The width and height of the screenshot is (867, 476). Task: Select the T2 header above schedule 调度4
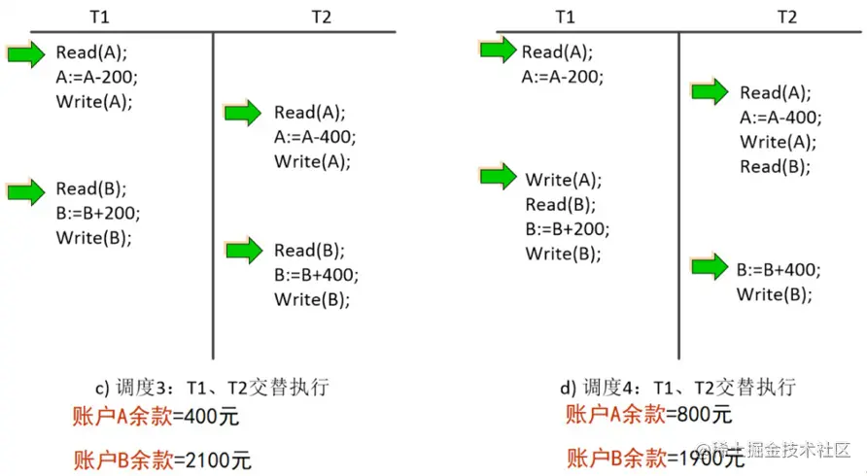click(787, 17)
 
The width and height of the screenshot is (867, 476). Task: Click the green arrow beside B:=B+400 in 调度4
click(709, 266)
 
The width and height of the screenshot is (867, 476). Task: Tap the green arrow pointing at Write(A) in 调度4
click(498, 177)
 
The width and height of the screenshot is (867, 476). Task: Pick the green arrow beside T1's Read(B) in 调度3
click(25, 189)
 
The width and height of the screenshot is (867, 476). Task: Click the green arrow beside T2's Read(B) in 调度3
click(244, 251)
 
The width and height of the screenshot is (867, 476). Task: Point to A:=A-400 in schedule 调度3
click(315, 137)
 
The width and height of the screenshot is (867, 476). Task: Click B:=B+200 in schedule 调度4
click(567, 229)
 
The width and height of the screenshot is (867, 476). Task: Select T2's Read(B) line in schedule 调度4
click(775, 166)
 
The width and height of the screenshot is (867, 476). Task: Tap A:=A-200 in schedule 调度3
click(96, 77)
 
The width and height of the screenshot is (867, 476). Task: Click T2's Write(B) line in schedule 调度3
click(311, 299)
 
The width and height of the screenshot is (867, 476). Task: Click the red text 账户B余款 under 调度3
click(123, 459)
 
